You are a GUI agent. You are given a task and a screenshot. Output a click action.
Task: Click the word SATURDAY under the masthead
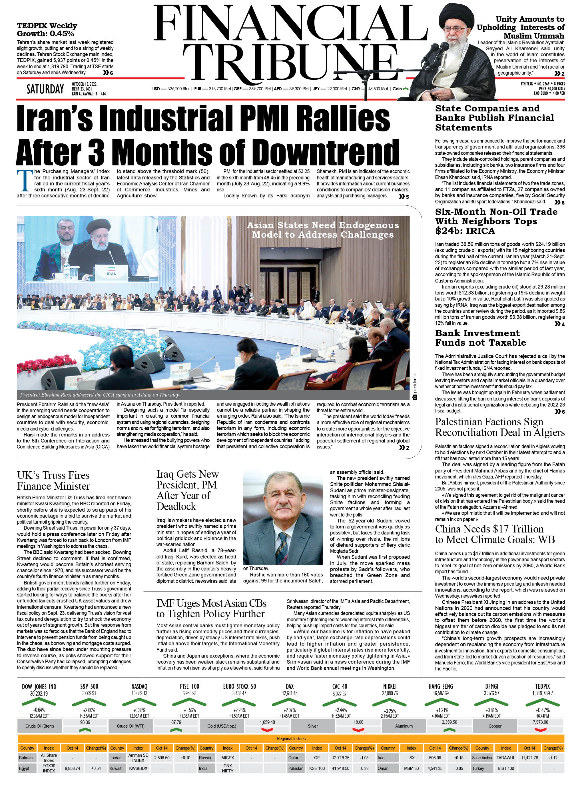45,89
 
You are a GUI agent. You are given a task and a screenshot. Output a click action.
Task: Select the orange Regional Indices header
291,739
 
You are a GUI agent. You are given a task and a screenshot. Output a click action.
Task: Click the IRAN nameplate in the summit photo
111,273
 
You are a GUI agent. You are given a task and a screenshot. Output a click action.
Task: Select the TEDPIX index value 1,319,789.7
542,693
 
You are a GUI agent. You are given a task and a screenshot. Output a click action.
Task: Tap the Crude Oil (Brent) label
39,726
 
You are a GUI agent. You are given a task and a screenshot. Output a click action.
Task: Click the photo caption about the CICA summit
100,395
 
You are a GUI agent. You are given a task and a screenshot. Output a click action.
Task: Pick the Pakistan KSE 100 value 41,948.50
340,768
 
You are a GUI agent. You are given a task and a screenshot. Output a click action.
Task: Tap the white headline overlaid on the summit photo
323,230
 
